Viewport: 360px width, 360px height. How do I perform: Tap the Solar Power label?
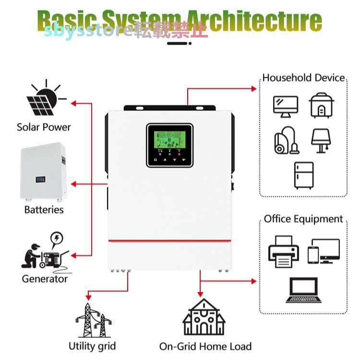(x=44, y=127)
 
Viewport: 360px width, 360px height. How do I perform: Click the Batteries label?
(x=44, y=210)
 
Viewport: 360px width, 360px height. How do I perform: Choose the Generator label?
(x=45, y=278)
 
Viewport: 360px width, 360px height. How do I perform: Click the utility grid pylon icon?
(x=91, y=320)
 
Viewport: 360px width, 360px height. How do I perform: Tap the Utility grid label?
(x=92, y=346)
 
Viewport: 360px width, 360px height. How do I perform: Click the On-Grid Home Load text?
(x=205, y=347)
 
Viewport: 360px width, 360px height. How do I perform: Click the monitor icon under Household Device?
(x=286, y=106)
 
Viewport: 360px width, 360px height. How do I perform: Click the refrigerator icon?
(x=303, y=175)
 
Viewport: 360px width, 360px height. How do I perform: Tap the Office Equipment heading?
(x=303, y=219)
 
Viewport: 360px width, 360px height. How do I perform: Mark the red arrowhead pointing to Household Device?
(x=255, y=88)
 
